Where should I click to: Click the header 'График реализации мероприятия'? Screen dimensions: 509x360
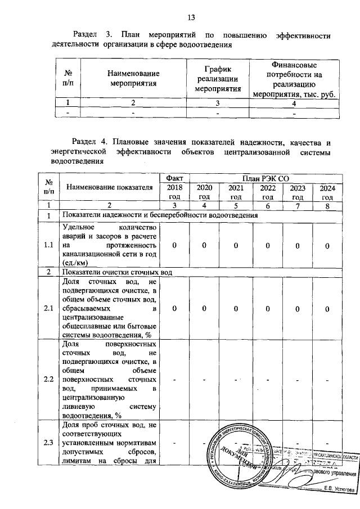click(218, 79)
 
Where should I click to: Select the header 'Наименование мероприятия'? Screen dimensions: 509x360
click(133, 79)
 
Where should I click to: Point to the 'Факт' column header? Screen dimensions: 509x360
click(174, 178)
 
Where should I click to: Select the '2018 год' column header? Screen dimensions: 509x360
click(174, 192)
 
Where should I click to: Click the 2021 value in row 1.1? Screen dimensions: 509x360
click(236, 246)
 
